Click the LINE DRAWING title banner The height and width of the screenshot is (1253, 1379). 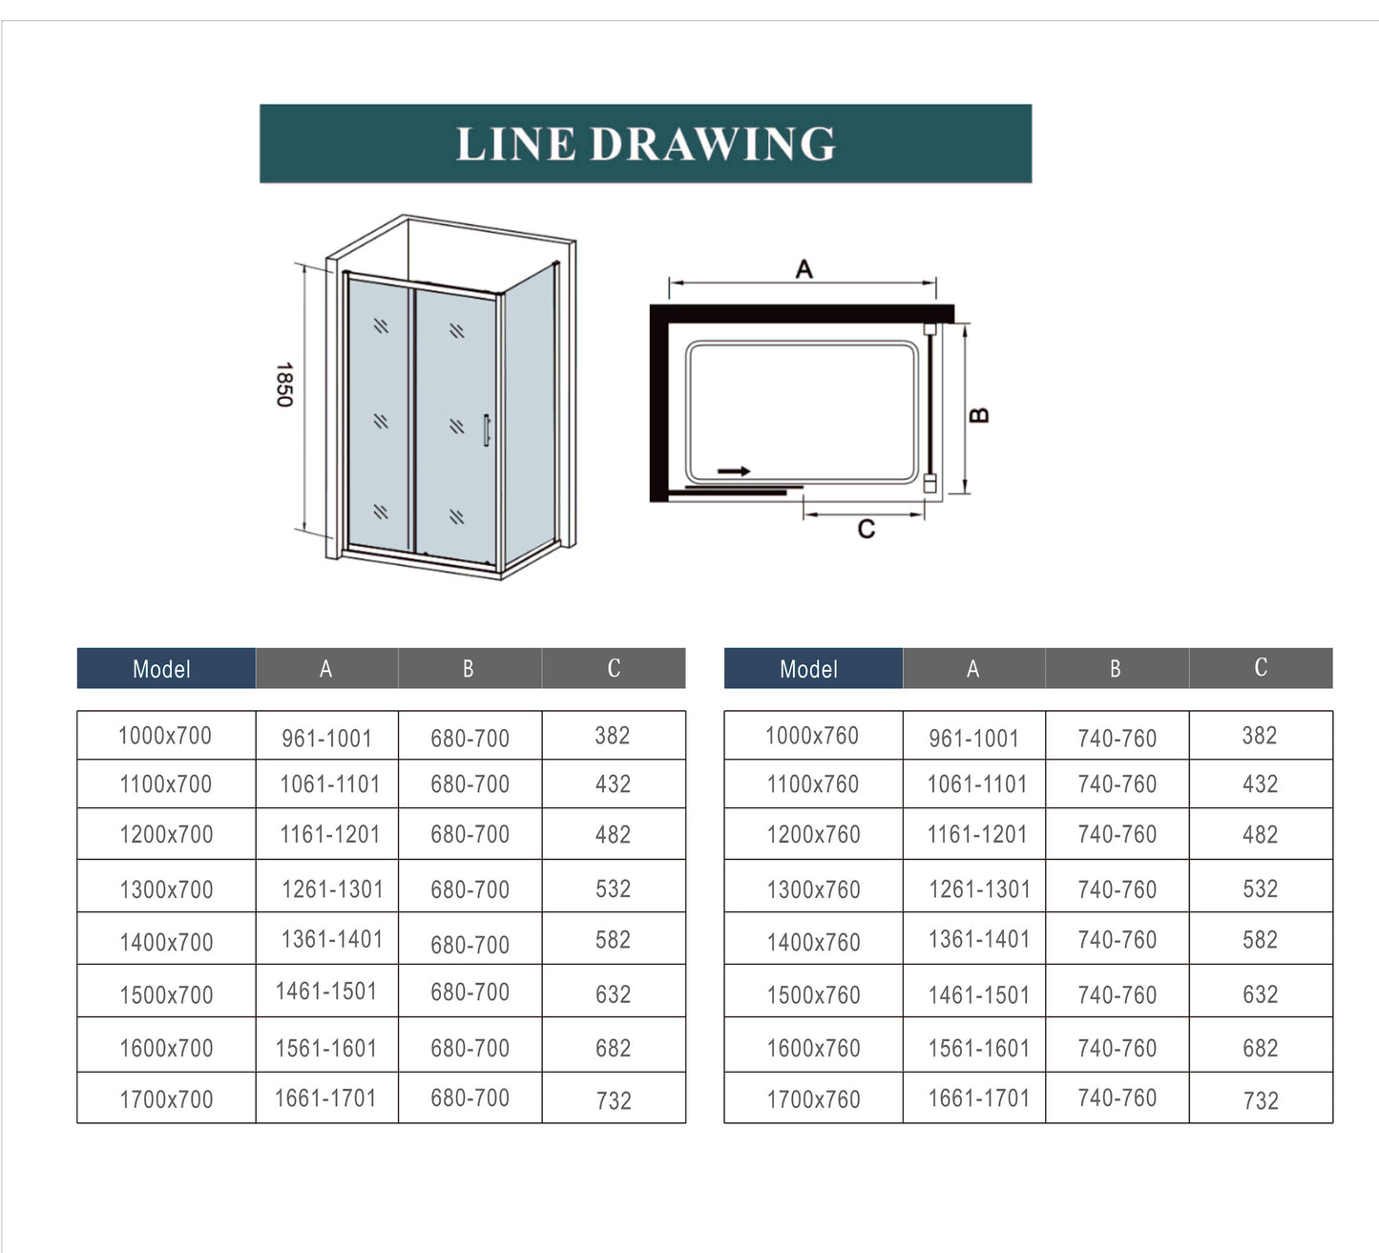point(645,143)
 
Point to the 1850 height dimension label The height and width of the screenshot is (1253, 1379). point(284,385)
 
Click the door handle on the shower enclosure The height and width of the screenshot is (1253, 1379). point(486,430)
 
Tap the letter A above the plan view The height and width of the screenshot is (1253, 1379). point(804,268)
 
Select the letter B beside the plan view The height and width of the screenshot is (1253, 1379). point(979,415)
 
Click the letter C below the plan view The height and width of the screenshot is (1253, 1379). point(867,528)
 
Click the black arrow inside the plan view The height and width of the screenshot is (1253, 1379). point(734,471)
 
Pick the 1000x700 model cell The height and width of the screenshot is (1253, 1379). point(165,735)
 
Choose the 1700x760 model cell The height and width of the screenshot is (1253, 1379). point(813,1099)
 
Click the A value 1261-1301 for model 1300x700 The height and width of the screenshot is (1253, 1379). point(332,888)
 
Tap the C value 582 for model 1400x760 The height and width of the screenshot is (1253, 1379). point(1260,939)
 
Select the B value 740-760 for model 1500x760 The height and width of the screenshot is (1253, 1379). point(1118,993)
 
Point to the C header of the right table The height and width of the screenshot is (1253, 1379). point(1261,667)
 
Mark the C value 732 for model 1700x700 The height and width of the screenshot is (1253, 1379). point(614,1100)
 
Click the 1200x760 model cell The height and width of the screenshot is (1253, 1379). point(813,834)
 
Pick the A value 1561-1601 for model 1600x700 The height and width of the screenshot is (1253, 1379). point(325,1048)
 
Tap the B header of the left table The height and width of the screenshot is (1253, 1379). point(469,668)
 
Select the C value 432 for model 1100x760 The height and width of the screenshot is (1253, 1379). point(1260,783)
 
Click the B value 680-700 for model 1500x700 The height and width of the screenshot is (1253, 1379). point(470,992)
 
